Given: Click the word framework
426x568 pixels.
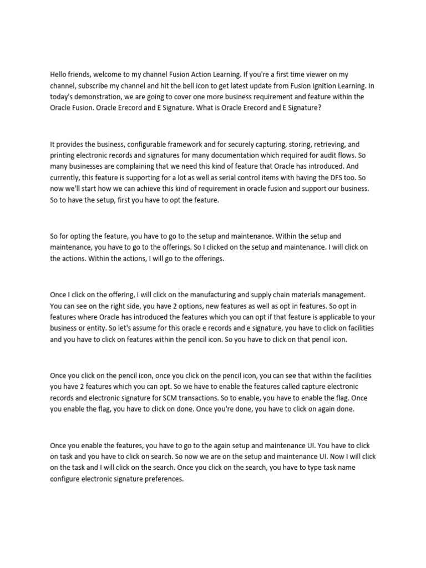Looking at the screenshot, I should (x=177, y=145).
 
